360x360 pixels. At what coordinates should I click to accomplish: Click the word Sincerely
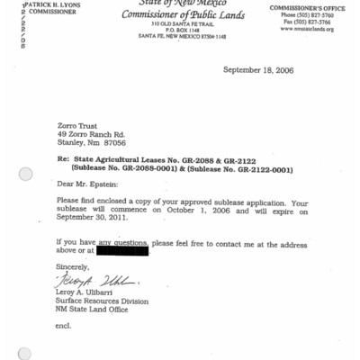[72, 267]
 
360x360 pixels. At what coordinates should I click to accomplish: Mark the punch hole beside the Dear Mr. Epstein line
[25, 173]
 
